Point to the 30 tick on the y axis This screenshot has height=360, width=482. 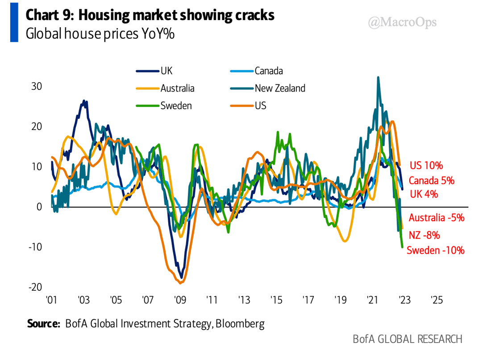36,86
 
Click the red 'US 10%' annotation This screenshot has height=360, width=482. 426,166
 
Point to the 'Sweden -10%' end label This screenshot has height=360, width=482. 436,250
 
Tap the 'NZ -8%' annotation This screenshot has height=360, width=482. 424,235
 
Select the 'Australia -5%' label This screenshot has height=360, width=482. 436,218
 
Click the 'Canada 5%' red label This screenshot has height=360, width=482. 431,180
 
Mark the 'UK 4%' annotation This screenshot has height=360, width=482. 424,194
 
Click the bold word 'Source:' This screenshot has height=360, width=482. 43,323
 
